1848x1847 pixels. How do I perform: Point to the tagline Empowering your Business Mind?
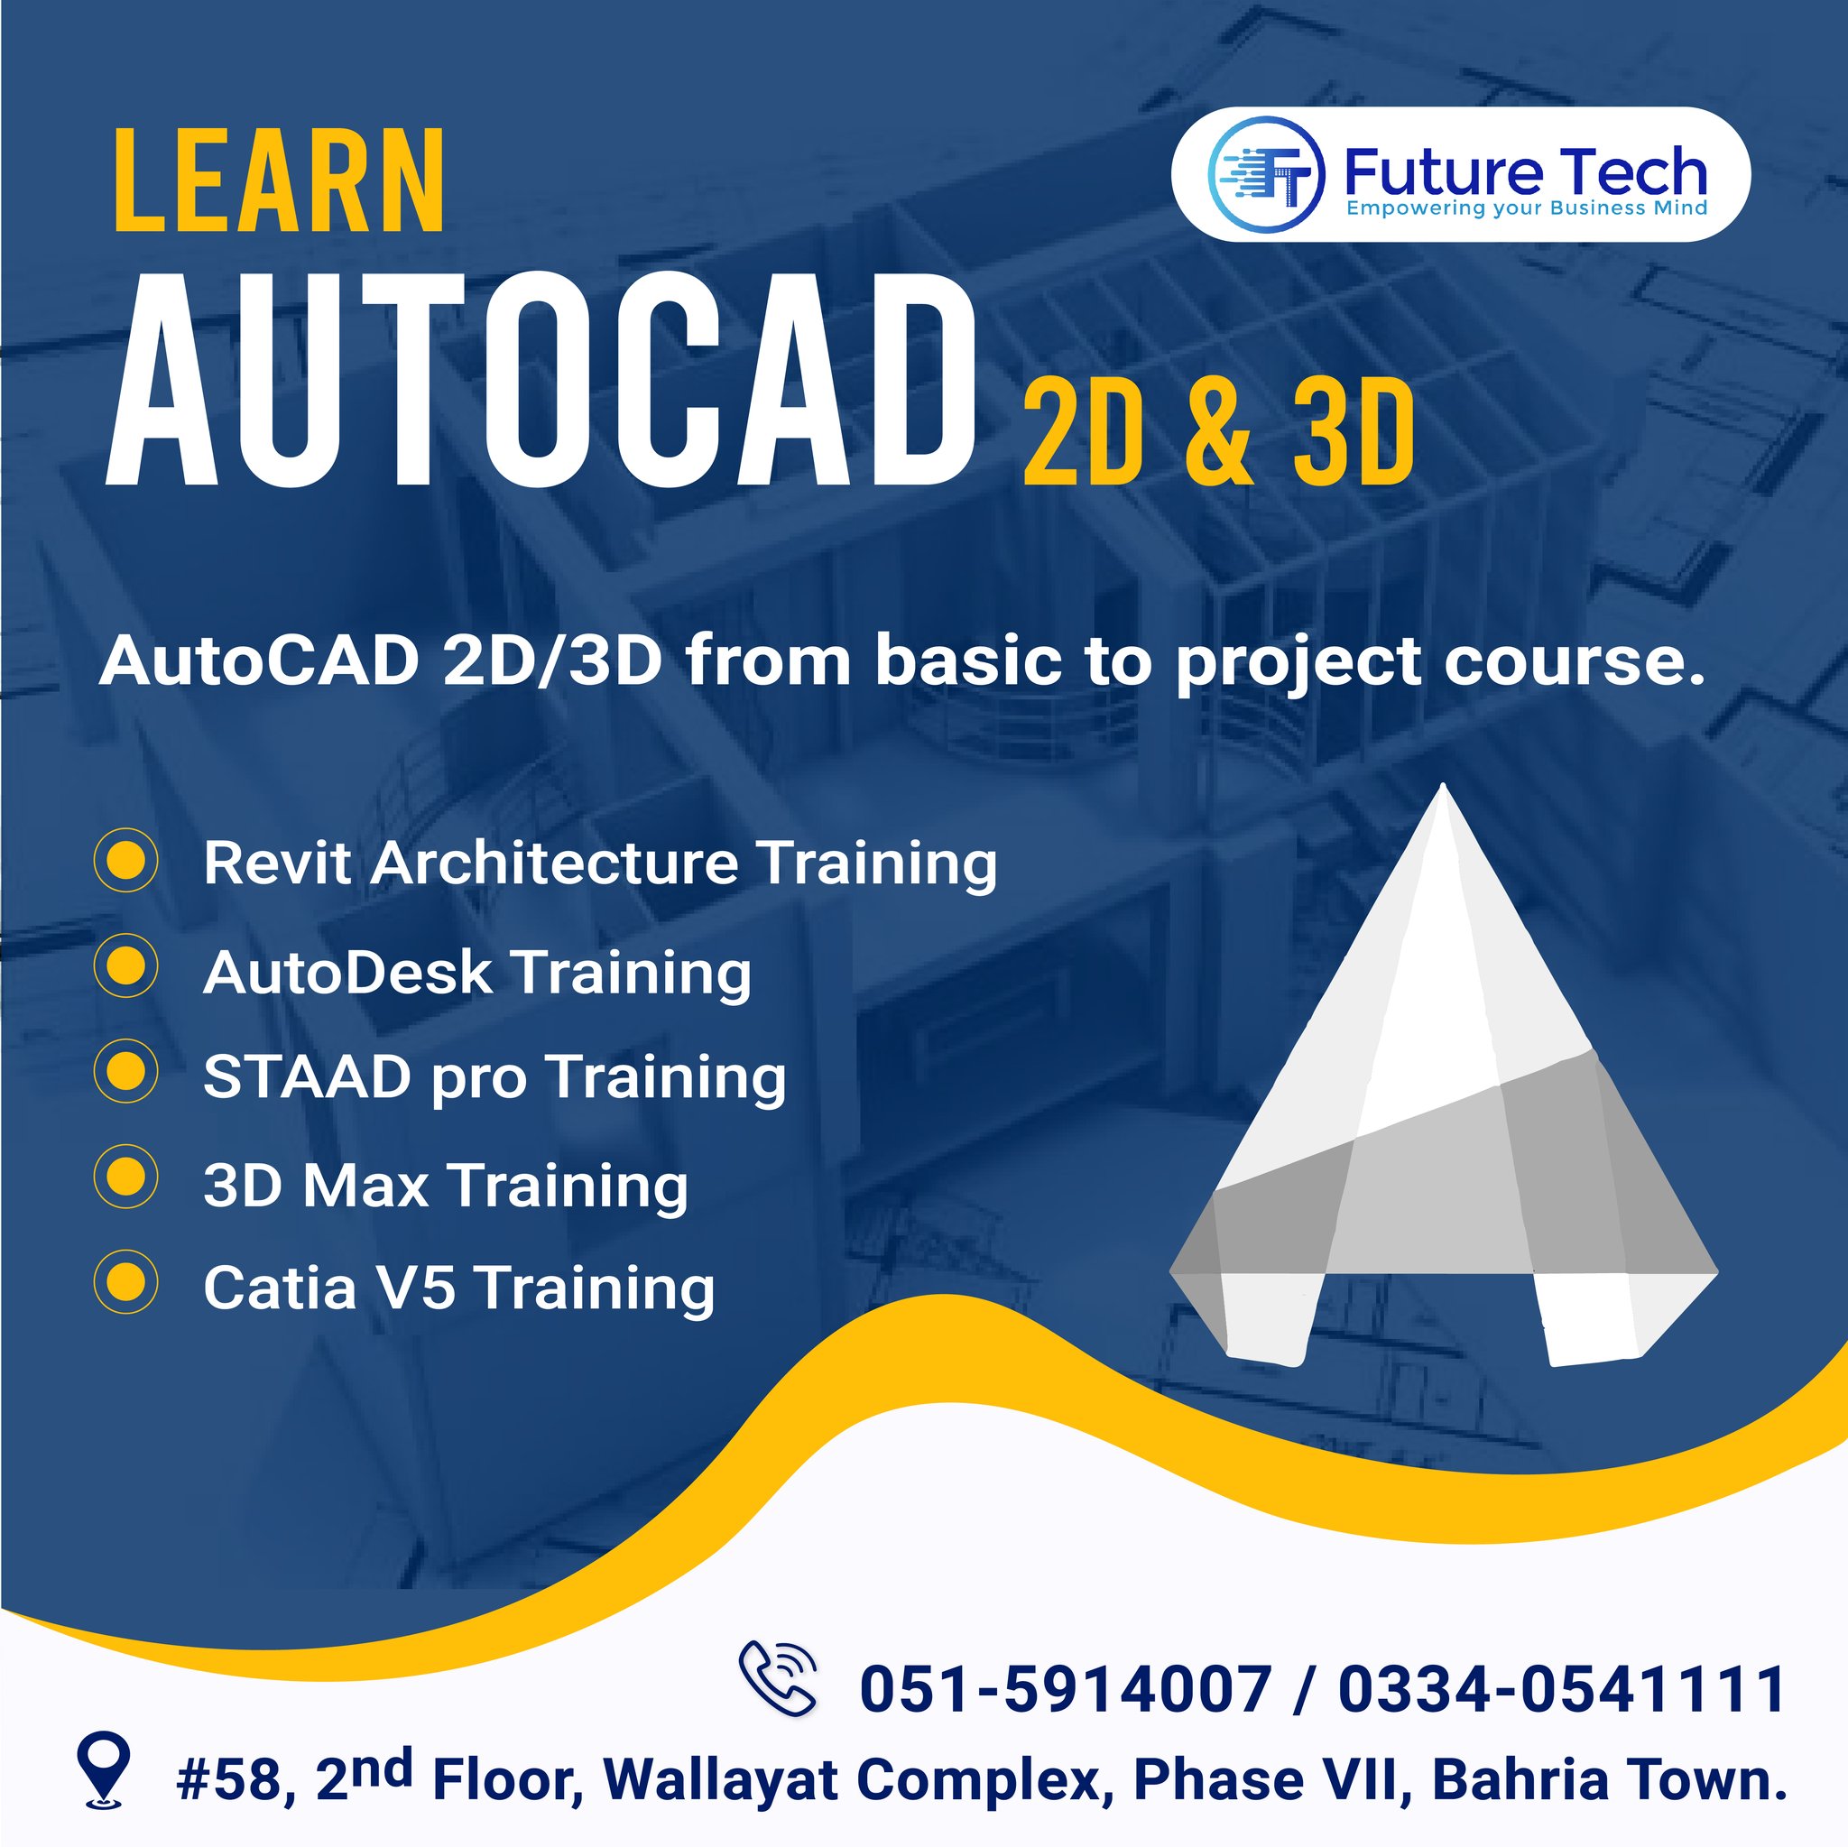pos(1527,208)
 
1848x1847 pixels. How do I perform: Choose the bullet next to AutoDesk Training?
pos(126,966)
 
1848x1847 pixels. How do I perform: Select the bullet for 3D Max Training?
pos(126,1177)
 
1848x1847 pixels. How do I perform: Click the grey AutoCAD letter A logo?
pos(1444,1076)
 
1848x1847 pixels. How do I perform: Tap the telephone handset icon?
pos(779,1675)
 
